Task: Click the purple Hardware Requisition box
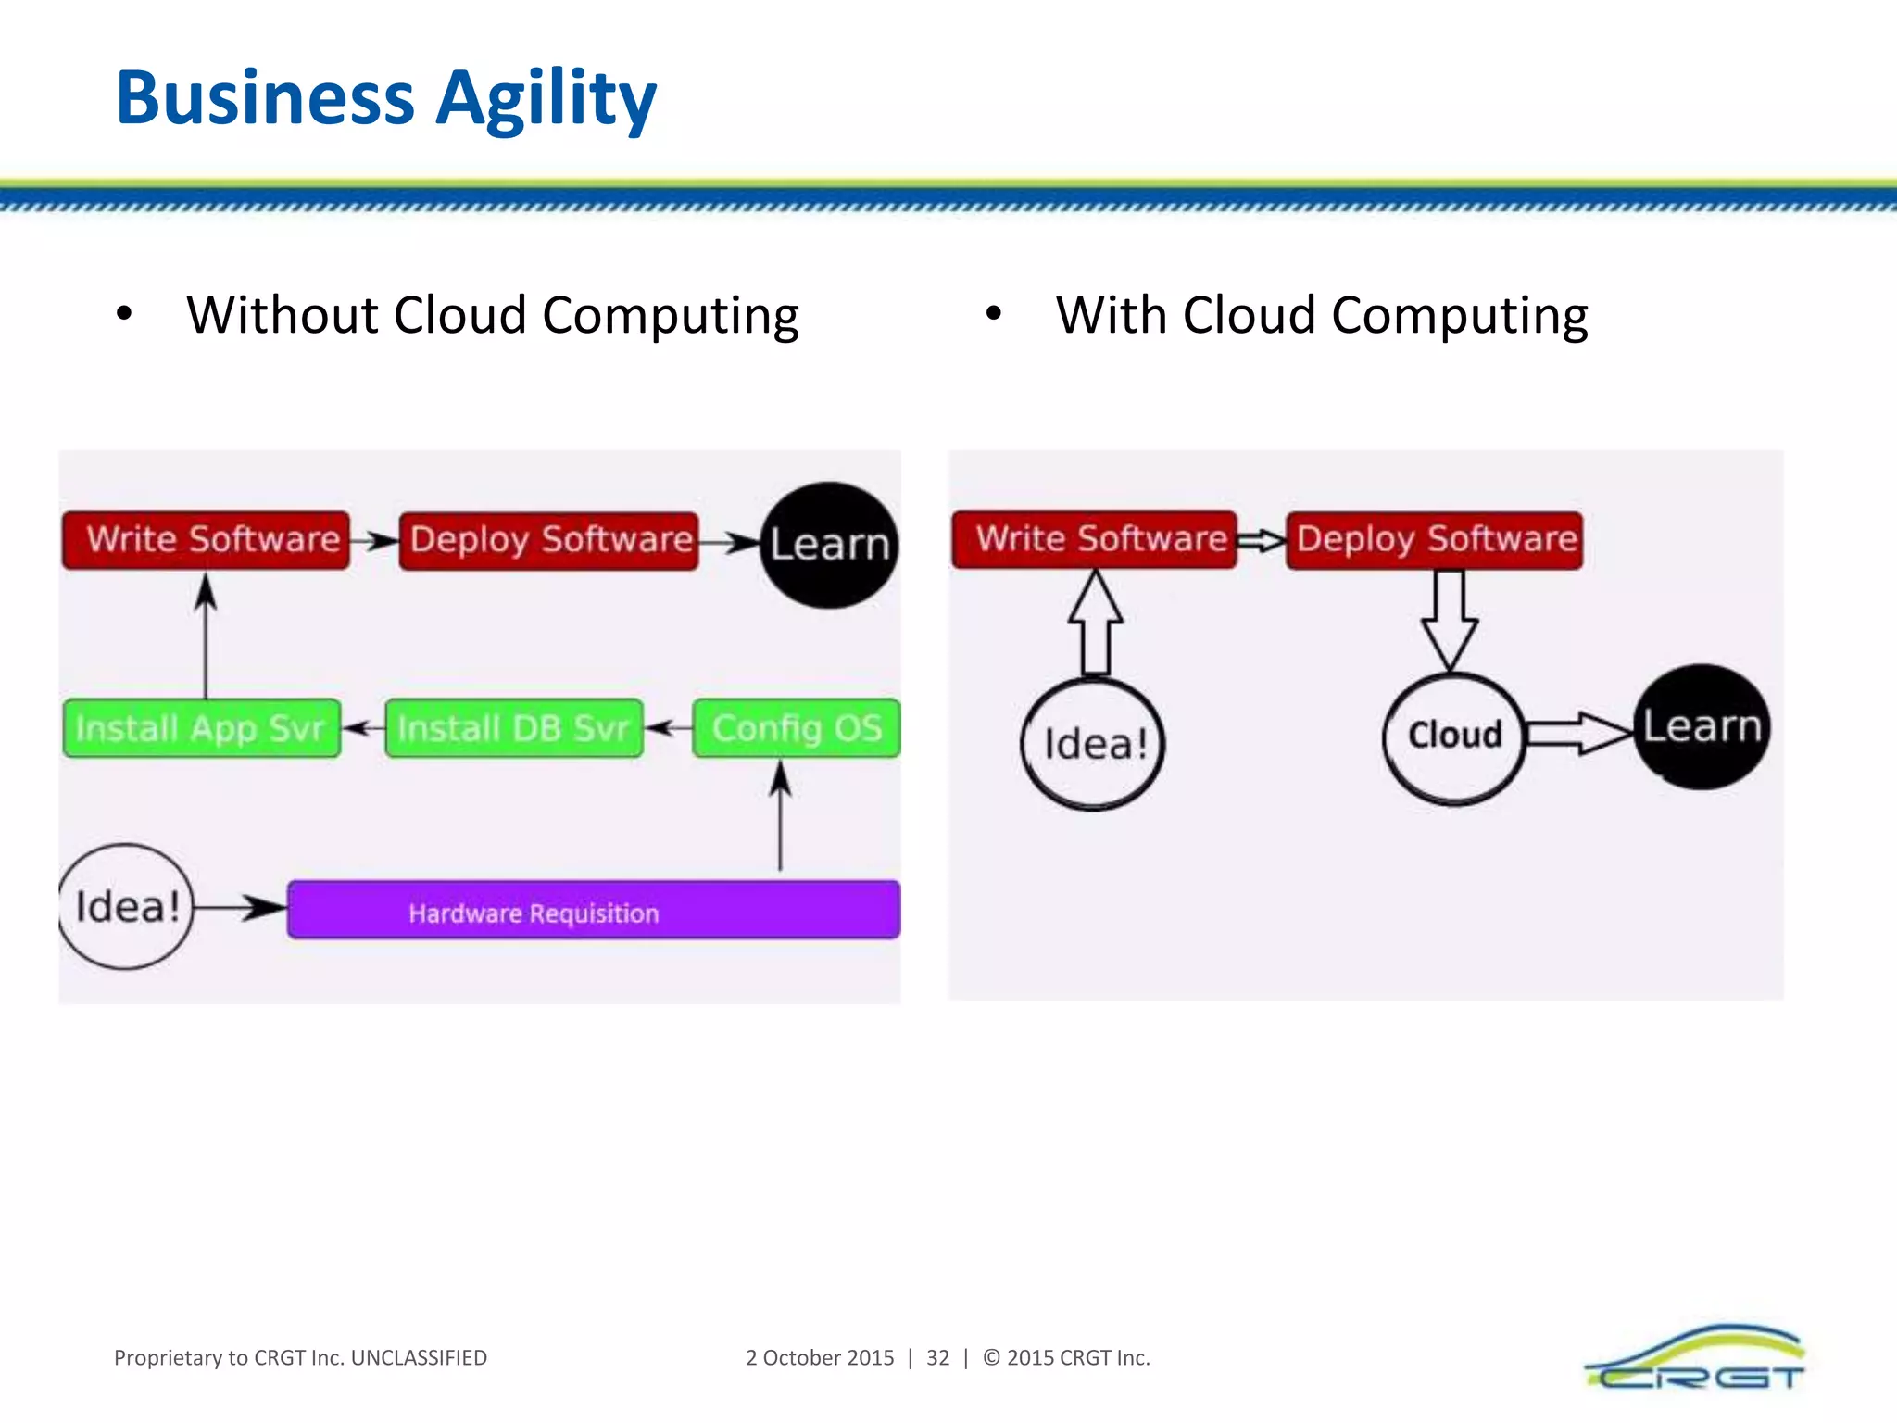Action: pyautogui.click(x=593, y=911)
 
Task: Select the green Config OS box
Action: pyautogui.click(x=796, y=728)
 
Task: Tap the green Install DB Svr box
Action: pyautogui.click(x=514, y=728)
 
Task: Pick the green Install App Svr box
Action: pyautogui.click(x=202, y=728)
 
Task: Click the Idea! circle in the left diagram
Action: pyautogui.click(x=126, y=906)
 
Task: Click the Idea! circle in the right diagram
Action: pyautogui.click(x=1093, y=744)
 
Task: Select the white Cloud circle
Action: pyautogui.click(x=1453, y=737)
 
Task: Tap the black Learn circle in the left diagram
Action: pyautogui.click(x=829, y=545)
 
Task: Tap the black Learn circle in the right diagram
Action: pyautogui.click(x=1701, y=727)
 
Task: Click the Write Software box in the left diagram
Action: pyautogui.click(x=206, y=539)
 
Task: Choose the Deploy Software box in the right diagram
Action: pyautogui.click(x=1434, y=539)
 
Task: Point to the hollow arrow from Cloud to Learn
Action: pyautogui.click(x=1578, y=733)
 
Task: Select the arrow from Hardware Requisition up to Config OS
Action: pyautogui.click(x=780, y=815)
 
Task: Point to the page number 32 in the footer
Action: pyautogui.click(x=937, y=1358)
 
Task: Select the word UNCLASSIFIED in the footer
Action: pyautogui.click(x=419, y=1358)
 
